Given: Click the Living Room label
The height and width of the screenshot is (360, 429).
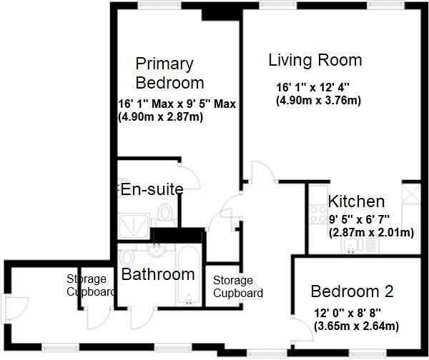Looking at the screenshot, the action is click(x=315, y=60).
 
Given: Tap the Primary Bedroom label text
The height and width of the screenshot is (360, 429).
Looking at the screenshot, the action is click(x=169, y=74).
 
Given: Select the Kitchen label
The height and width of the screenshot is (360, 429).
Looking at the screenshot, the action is click(x=356, y=201).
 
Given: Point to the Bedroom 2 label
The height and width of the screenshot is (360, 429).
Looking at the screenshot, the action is click(x=352, y=291).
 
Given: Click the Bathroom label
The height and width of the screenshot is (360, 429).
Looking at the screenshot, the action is click(x=158, y=274).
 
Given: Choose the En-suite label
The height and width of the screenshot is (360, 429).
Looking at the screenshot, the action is click(x=152, y=189).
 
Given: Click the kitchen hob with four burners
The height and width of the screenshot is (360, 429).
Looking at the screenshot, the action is click(x=318, y=214).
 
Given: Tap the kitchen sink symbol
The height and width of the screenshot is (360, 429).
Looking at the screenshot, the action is click(x=350, y=245).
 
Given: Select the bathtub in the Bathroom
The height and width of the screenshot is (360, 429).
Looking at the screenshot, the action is click(x=188, y=274).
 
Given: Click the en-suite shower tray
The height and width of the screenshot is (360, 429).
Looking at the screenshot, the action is click(x=134, y=226).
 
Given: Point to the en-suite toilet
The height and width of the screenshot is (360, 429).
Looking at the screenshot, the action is click(x=164, y=214).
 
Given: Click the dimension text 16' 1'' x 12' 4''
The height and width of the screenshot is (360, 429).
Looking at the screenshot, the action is click(x=312, y=88).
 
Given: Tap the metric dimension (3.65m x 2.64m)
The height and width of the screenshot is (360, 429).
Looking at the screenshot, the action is click(x=356, y=326).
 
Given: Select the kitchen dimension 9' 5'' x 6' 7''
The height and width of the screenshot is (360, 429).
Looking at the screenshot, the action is click(x=359, y=219).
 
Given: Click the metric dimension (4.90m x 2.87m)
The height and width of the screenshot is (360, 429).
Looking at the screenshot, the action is click(x=161, y=117).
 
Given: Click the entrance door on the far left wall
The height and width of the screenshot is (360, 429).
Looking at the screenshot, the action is click(x=15, y=309).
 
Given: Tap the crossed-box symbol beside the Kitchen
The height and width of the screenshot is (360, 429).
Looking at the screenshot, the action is click(x=411, y=194).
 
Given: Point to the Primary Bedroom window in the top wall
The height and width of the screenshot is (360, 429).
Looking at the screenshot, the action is click(x=160, y=6).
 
